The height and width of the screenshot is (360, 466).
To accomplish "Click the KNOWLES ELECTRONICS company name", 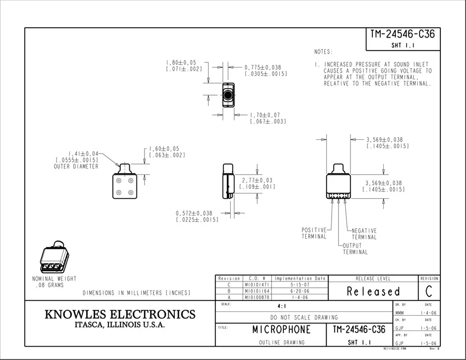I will click(120, 314).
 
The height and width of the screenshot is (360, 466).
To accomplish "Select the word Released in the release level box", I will click(373, 292).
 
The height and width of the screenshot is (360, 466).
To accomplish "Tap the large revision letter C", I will click(429, 291).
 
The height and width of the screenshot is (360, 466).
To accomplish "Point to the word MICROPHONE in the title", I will click(281, 329).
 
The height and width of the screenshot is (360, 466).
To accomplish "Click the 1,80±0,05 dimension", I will click(181, 62).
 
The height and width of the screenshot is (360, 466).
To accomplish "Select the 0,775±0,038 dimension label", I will click(263, 68).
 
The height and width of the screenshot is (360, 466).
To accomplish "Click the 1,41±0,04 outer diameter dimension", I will click(83, 154).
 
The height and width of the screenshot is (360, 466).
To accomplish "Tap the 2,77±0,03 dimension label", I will click(257, 180).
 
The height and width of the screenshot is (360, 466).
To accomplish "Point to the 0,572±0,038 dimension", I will click(194, 213).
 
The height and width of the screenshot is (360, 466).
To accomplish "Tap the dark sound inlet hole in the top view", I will click(228, 96).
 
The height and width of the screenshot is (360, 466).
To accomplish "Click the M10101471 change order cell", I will click(257, 284).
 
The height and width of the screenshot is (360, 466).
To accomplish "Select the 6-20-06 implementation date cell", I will click(300, 291).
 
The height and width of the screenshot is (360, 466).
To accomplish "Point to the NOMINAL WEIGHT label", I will click(54, 279).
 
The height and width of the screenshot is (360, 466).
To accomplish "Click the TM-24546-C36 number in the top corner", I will click(402, 34).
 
